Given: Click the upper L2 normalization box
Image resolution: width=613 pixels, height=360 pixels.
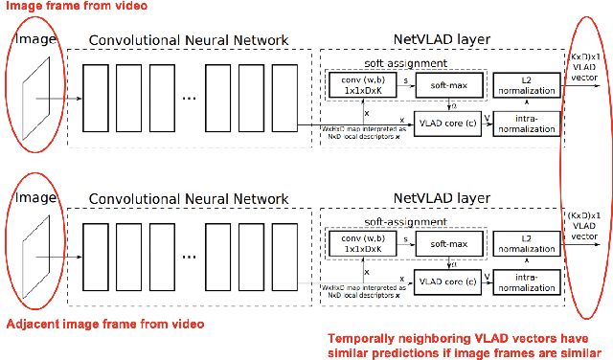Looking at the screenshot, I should (526, 85).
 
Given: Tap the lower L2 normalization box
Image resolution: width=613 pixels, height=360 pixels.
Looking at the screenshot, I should (526, 243).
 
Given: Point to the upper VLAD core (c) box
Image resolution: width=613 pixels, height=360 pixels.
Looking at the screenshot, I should (445, 124).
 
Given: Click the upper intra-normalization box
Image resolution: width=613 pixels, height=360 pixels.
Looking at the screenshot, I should (526, 124).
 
